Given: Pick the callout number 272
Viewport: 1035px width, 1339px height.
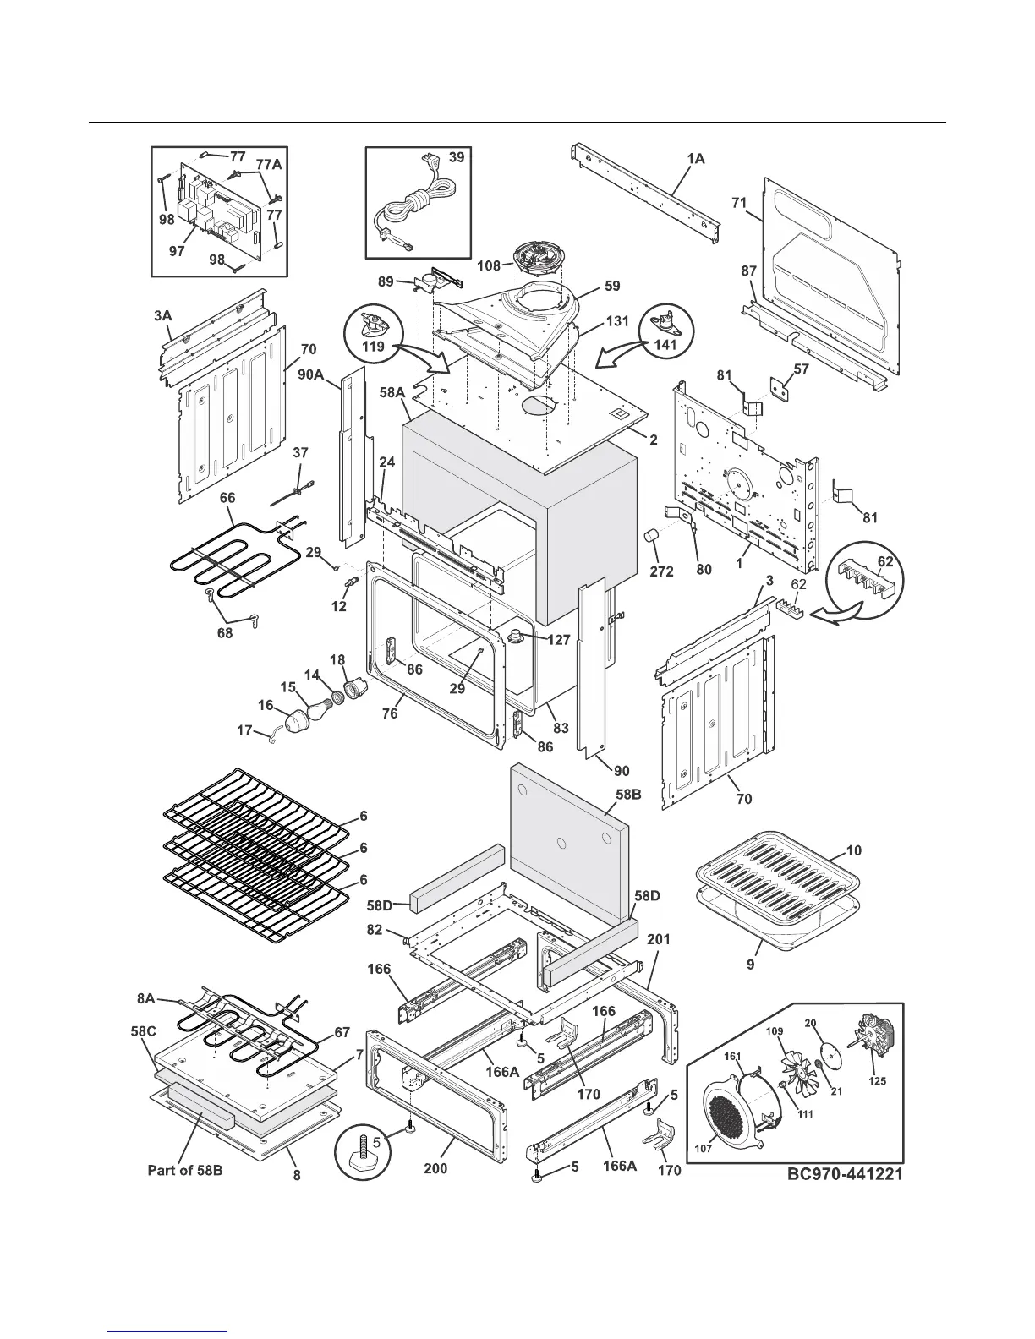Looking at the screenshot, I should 661,571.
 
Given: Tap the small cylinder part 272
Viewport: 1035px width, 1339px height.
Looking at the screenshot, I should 653,538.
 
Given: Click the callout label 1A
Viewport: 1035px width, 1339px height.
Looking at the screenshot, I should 695,158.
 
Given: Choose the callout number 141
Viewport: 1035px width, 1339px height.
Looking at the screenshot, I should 665,345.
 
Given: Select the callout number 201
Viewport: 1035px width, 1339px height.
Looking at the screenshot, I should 659,939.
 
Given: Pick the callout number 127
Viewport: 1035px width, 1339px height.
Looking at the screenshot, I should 558,640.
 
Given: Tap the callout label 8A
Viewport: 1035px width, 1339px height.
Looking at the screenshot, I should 146,997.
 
